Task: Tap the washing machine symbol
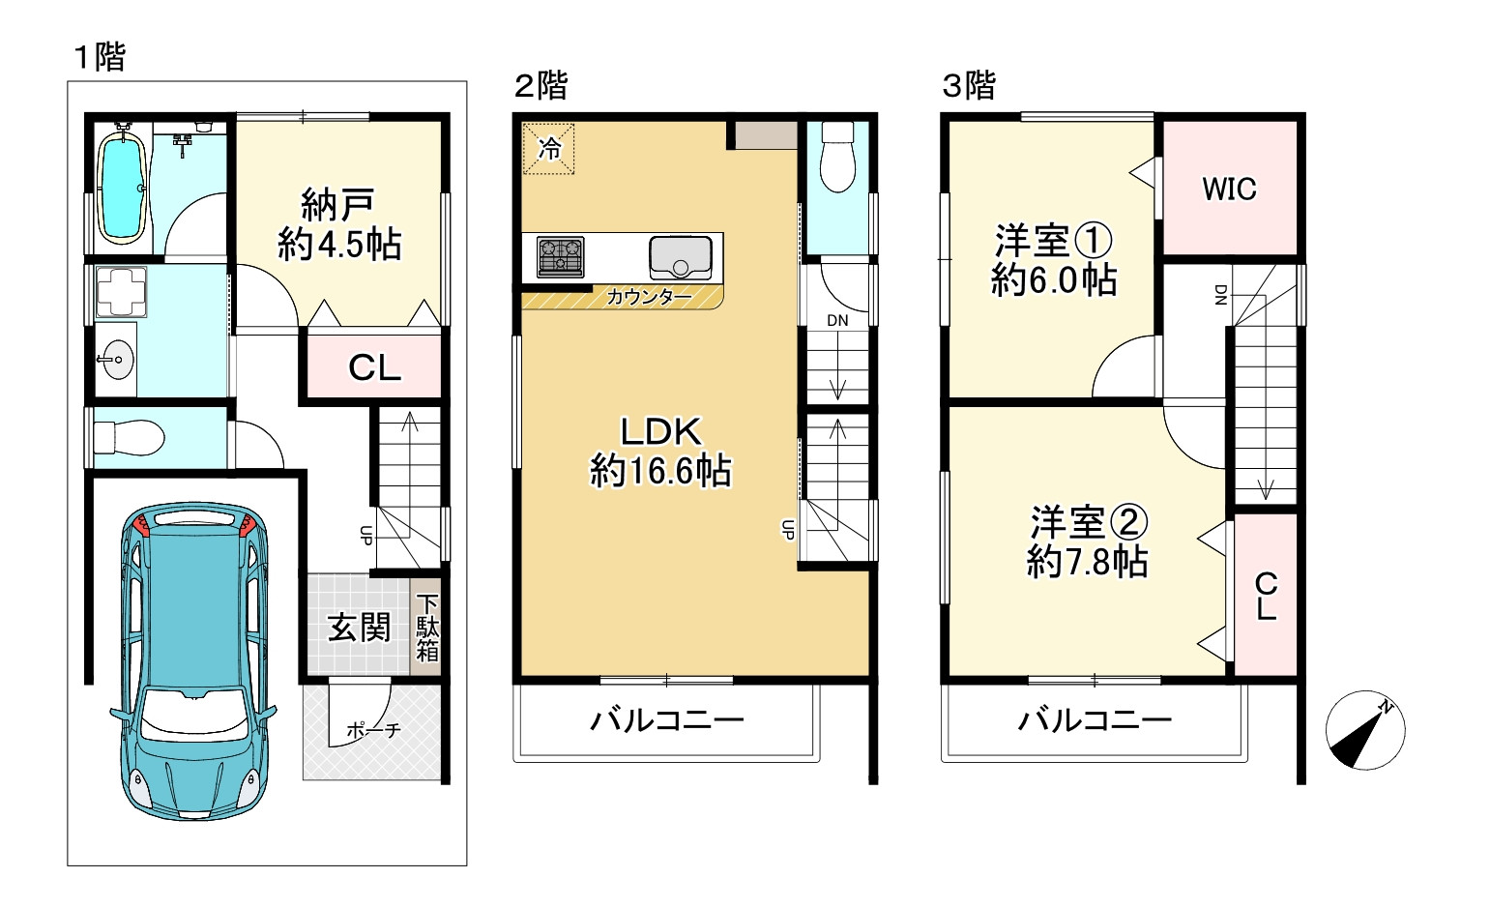(121, 291)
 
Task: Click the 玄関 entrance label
(359, 628)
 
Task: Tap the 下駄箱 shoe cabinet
(426, 628)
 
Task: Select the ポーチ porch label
(372, 731)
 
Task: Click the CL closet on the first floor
(374, 367)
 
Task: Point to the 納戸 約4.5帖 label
(338, 225)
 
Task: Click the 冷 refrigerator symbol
(549, 149)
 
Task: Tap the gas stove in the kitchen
(561, 258)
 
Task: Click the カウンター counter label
(649, 298)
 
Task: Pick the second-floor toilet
(837, 160)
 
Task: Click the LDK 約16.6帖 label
(660, 452)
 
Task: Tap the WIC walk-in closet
(1229, 189)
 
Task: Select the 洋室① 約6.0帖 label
(1054, 260)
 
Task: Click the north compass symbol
(1364, 731)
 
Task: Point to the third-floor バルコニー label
(1095, 720)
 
